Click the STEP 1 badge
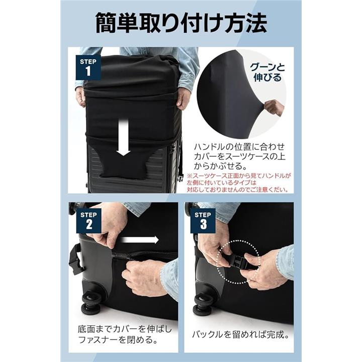(x=88, y=67)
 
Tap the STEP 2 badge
(x=88, y=221)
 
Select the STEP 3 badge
(x=203, y=221)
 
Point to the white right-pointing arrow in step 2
(x=140, y=240)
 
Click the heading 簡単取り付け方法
(x=181, y=23)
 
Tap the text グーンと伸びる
(x=267, y=72)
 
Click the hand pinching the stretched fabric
(x=275, y=108)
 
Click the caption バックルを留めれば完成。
(x=240, y=334)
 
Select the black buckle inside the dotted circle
(x=238, y=262)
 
